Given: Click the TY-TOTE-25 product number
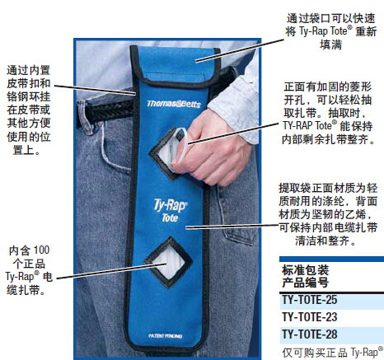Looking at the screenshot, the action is click(x=310, y=300).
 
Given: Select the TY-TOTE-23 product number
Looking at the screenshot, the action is click(x=310, y=317).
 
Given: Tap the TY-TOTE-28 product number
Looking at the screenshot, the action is click(x=310, y=334).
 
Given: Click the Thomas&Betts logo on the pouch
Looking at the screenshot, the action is click(x=174, y=104).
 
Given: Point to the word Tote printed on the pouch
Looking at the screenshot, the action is click(x=170, y=218).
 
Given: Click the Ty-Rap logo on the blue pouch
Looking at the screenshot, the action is click(x=170, y=205).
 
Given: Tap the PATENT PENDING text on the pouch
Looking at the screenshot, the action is click(x=165, y=336).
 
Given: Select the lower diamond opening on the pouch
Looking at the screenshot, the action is click(x=168, y=262).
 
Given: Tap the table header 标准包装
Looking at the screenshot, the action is click(x=305, y=270).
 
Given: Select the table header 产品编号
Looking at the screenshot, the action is click(x=305, y=283).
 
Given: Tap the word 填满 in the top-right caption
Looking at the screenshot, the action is click(x=330, y=44).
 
